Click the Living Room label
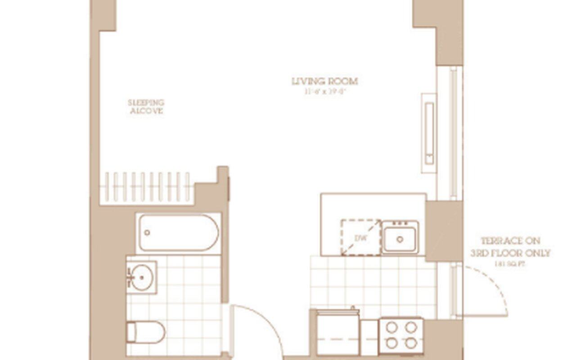(x=324, y=81)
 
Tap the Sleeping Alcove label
(x=146, y=107)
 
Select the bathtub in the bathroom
(x=179, y=233)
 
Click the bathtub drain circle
(x=147, y=233)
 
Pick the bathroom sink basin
(x=142, y=278)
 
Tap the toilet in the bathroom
(x=146, y=332)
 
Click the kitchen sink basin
(x=400, y=237)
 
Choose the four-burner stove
(x=401, y=336)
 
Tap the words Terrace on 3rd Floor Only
(x=510, y=247)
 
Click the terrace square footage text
(x=510, y=264)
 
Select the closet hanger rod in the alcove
(x=147, y=187)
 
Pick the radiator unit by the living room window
(x=429, y=133)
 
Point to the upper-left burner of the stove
(x=391, y=328)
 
